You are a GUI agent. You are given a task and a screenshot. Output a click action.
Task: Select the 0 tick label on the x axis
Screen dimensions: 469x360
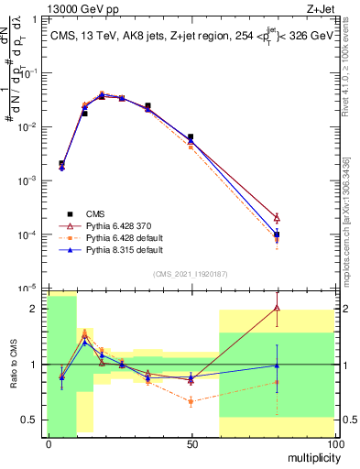(49, 444)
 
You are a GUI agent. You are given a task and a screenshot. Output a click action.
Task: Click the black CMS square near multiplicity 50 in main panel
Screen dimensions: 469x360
(191, 137)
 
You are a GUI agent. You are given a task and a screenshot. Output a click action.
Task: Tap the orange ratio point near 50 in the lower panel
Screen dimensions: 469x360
(191, 401)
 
